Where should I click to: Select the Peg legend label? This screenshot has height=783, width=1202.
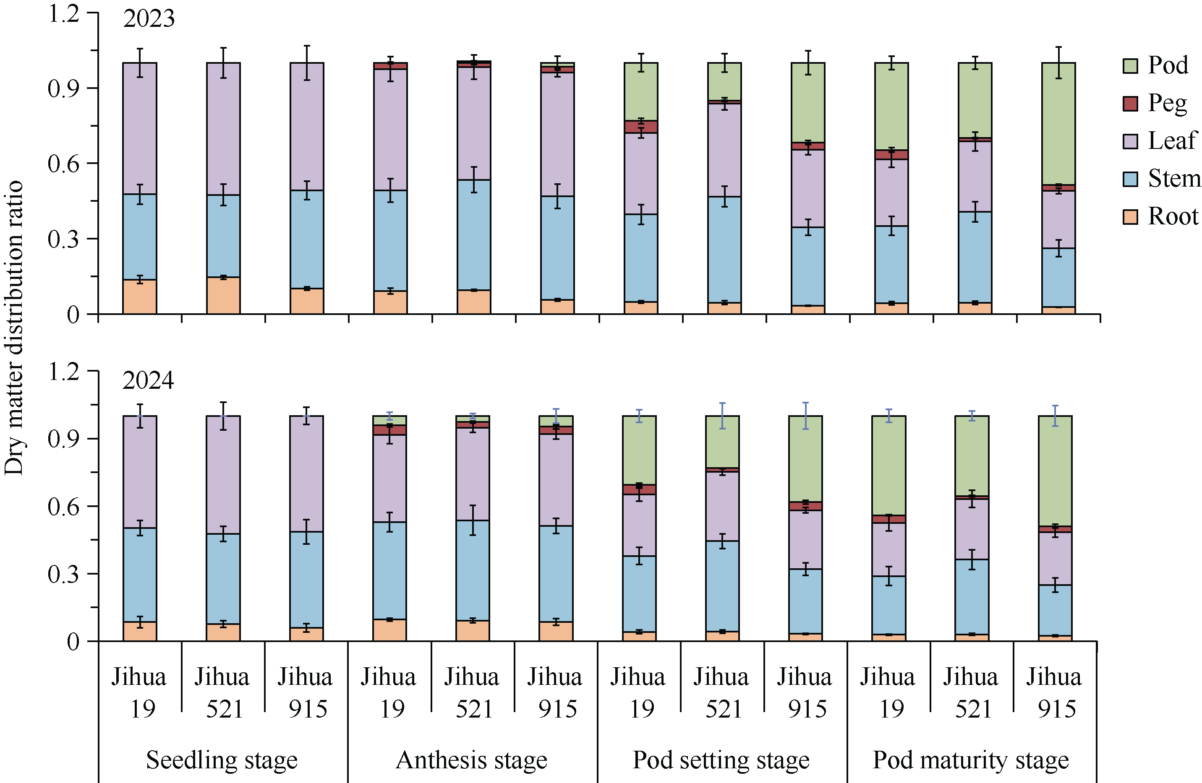1167,104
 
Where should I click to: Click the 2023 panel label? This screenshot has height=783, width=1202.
149,19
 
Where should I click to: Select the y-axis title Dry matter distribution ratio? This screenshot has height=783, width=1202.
14,328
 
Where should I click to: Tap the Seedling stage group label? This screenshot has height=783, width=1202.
222,760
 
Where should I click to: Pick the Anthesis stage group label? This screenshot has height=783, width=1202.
471,760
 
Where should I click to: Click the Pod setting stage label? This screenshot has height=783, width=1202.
721,760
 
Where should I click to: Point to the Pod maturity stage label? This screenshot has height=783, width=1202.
971,760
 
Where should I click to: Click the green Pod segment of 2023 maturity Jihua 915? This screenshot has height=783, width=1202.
1058,124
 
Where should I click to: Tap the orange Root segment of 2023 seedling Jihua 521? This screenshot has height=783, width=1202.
223,296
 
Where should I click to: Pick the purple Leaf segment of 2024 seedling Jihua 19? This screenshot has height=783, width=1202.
140,472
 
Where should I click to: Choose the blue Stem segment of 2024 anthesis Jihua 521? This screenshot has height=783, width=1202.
473,570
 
